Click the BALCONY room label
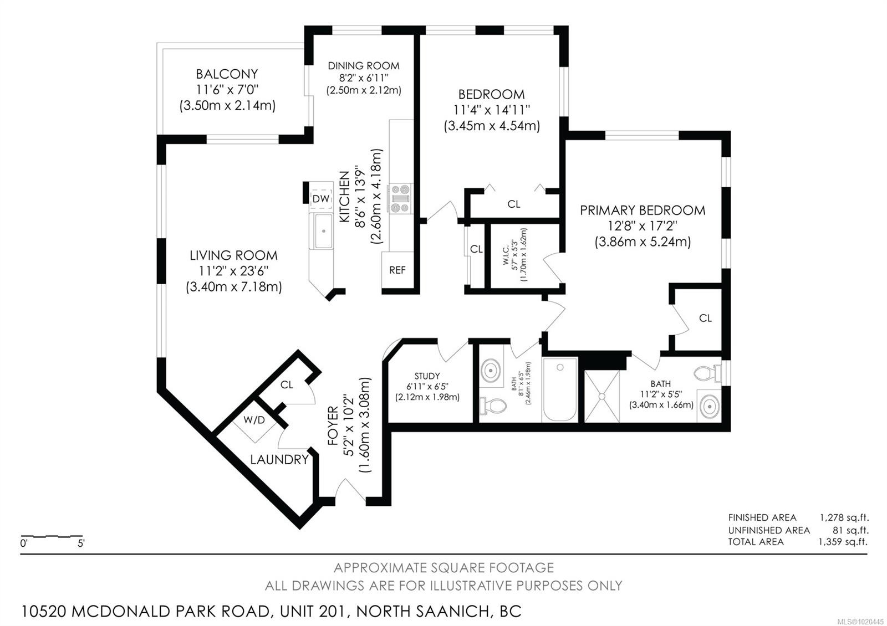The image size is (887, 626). pos(227,74)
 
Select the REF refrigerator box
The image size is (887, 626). pos(397,270)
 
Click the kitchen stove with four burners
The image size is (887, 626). pos(400,198)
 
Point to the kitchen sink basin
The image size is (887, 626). pos(324,231)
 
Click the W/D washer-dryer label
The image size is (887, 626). pos(254,420)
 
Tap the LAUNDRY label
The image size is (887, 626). pos(279,459)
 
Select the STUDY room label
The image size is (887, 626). pos(427,376)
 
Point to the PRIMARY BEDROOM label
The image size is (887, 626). pos(643,210)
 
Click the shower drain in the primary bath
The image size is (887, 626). pos(602,396)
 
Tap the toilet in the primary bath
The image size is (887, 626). pos(707,373)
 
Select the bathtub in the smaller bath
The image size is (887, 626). pos(560,389)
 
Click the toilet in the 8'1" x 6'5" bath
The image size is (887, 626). pos(493,406)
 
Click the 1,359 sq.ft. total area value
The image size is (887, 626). pos(843,542)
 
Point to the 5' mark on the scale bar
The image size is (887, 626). pos(81,543)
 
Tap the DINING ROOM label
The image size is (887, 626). pos(364,66)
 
